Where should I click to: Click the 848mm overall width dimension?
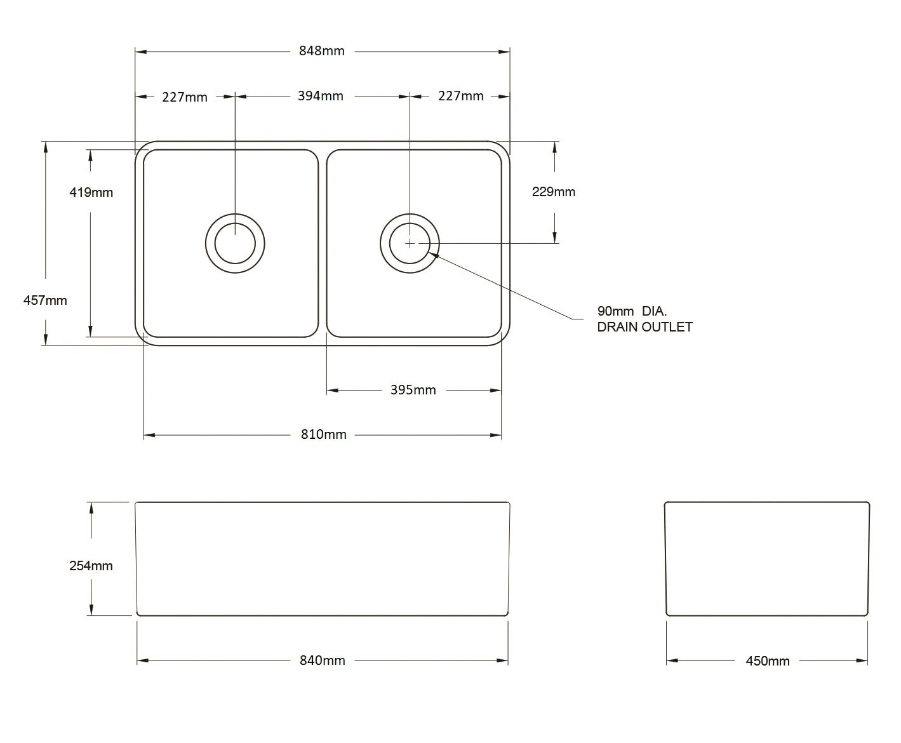click(321, 51)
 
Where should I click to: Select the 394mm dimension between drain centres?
click(320, 96)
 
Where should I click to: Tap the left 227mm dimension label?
click(184, 97)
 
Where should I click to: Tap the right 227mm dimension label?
click(460, 96)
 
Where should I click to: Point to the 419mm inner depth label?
click(91, 192)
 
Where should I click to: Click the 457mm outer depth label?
click(45, 300)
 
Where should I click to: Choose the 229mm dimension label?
click(553, 192)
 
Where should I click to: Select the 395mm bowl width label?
click(413, 390)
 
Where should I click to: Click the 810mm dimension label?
click(323, 434)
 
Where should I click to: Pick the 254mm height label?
click(91, 565)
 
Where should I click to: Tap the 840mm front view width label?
click(322, 660)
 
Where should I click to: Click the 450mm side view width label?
click(767, 661)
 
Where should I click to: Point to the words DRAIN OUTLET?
click(644, 327)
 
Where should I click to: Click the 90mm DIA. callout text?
click(632, 311)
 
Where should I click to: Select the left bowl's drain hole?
click(235, 243)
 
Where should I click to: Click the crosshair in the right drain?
click(410, 243)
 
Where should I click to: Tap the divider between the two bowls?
click(322, 243)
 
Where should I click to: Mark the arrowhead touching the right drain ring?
click(433, 254)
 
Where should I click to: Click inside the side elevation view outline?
click(766, 559)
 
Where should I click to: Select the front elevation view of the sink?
click(322, 559)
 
